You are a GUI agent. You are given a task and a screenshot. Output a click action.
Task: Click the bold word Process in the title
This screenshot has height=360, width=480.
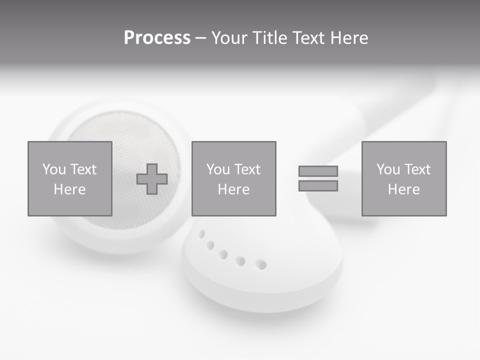(157, 38)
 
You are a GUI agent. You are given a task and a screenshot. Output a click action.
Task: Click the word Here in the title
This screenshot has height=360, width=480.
(348, 38)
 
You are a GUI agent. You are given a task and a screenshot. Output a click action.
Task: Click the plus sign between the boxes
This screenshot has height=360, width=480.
(152, 179)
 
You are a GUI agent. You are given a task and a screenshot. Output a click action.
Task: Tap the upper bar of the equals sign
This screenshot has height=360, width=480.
(318, 171)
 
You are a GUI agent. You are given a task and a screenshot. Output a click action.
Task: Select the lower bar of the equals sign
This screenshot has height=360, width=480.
(318, 186)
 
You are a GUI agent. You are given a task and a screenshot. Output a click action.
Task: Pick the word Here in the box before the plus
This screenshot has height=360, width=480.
(69, 189)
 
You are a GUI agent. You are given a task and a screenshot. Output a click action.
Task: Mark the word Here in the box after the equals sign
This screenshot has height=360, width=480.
(403, 189)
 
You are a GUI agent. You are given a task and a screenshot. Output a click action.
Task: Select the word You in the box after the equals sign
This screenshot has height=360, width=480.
(388, 169)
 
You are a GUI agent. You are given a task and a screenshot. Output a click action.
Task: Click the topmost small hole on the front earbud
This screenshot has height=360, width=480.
(201, 233)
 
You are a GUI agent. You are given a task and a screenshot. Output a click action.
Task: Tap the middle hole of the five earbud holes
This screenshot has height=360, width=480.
(223, 254)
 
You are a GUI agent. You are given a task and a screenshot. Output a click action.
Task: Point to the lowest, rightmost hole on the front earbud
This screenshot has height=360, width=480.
(261, 264)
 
